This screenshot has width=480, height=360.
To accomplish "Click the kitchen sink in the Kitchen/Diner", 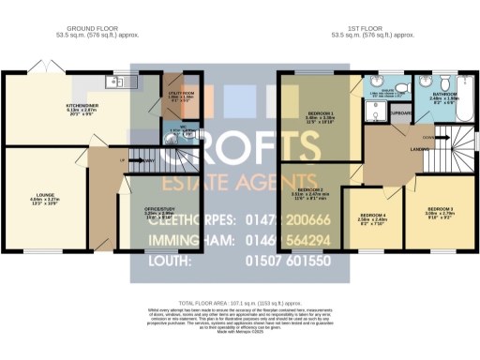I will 123,82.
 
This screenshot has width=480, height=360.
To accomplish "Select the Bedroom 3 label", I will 441,209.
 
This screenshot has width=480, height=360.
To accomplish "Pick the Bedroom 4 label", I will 372,221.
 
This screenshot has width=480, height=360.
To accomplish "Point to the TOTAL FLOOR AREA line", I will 239,304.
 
